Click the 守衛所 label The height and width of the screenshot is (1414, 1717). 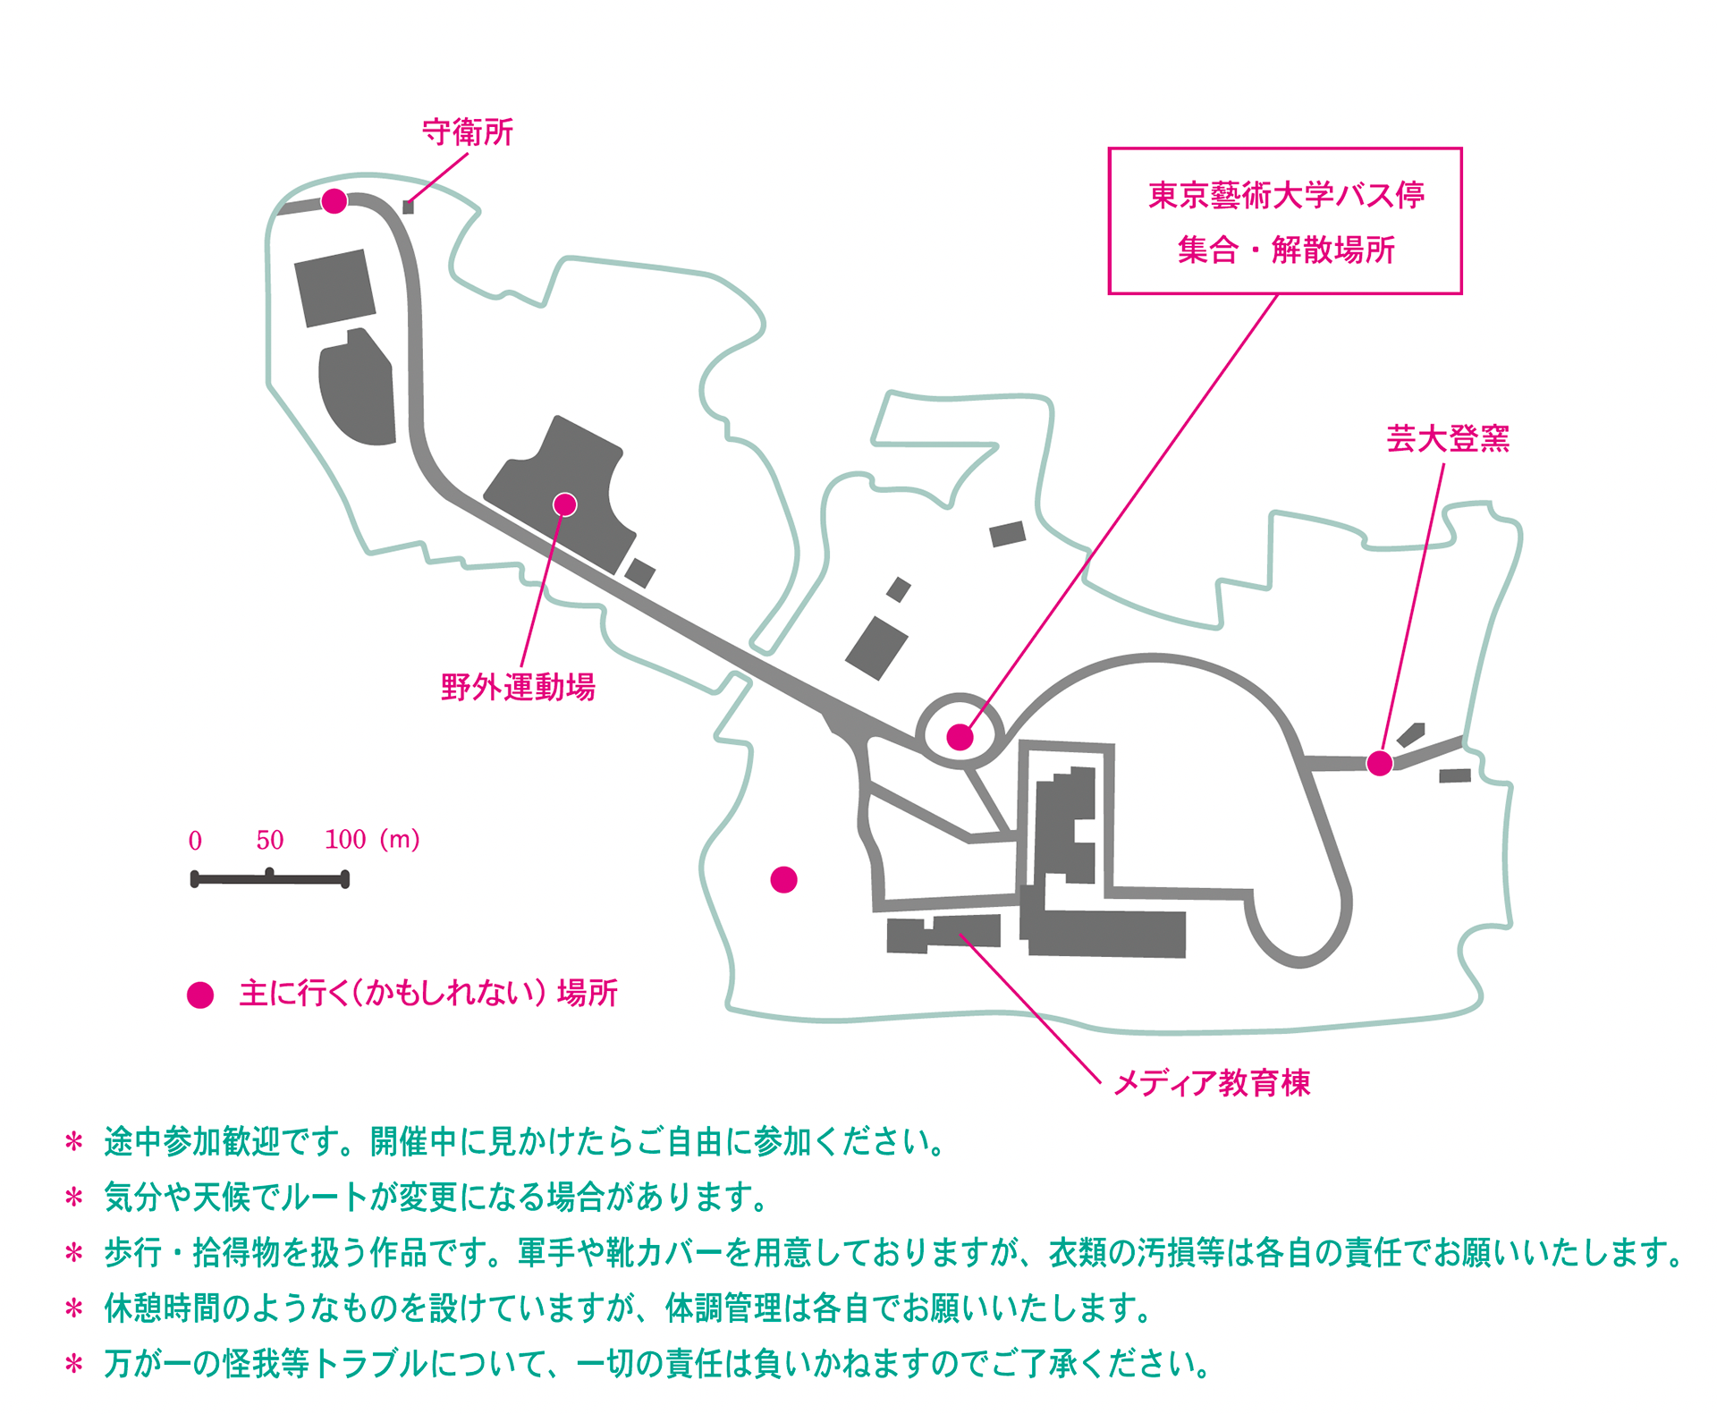coord(468,132)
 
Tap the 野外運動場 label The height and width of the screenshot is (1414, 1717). coord(518,687)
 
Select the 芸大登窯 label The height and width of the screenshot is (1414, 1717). coord(1448,438)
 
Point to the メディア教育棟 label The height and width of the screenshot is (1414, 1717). coord(1212,1083)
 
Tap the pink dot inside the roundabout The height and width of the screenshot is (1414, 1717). coord(960,737)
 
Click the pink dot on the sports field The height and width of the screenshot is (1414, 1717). coord(564,504)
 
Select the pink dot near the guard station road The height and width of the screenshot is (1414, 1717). coord(334,201)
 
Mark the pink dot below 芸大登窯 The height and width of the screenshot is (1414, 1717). coord(1380,763)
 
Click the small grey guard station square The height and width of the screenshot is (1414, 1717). coord(408,207)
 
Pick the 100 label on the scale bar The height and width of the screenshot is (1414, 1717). coord(345,839)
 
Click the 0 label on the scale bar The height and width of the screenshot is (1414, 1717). coord(195,840)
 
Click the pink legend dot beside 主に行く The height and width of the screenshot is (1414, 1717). coord(200,995)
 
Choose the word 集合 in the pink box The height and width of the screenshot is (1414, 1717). coord(1207,250)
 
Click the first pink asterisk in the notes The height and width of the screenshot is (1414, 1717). coord(74,1142)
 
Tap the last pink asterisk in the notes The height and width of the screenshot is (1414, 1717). coord(74,1364)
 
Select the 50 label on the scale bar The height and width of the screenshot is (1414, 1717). coord(269,839)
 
